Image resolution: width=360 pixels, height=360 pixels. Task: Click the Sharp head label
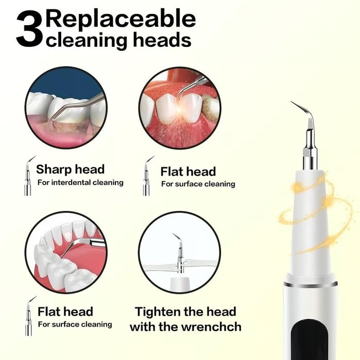70,169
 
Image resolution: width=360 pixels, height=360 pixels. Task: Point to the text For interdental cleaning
80,183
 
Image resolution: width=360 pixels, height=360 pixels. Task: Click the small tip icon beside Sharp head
28,175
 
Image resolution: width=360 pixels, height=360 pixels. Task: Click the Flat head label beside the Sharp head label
188,171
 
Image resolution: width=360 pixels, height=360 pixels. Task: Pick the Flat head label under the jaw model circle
65,311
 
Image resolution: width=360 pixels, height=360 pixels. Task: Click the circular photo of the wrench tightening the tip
179,253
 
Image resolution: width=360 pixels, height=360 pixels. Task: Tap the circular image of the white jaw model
65,253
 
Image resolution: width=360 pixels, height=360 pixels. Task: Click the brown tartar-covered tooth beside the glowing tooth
211,108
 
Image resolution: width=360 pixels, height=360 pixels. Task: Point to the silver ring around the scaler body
310,284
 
